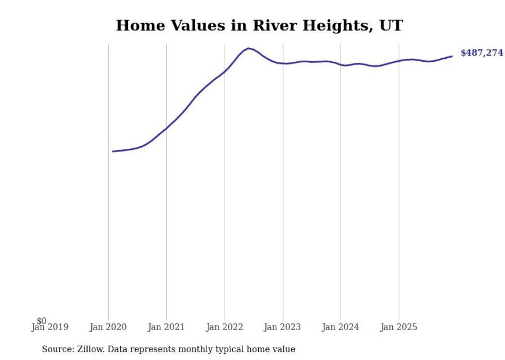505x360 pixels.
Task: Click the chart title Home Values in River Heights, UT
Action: [x=259, y=25]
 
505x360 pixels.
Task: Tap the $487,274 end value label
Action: [x=481, y=53]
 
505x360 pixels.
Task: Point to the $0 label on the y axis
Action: [x=41, y=321]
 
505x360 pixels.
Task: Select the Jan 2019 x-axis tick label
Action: [x=50, y=327]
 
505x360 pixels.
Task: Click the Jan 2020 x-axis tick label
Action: [x=108, y=327]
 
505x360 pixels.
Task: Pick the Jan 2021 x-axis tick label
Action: [x=166, y=327]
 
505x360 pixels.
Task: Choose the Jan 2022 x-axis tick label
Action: [x=225, y=327]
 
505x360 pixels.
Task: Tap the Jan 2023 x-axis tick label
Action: [x=282, y=327]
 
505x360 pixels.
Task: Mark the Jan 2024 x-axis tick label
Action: [x=341, y=327]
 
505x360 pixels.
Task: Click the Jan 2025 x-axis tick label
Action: [x=399, y=327]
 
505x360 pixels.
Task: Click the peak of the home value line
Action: [x=248, y=48]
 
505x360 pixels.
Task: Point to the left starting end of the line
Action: [x=113, y=151]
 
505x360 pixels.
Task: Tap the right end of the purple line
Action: [x=452, y=56]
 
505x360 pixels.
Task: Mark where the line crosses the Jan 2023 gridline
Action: [x=282, y=63]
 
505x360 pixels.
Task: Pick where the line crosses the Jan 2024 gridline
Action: [x=341, y=64]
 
